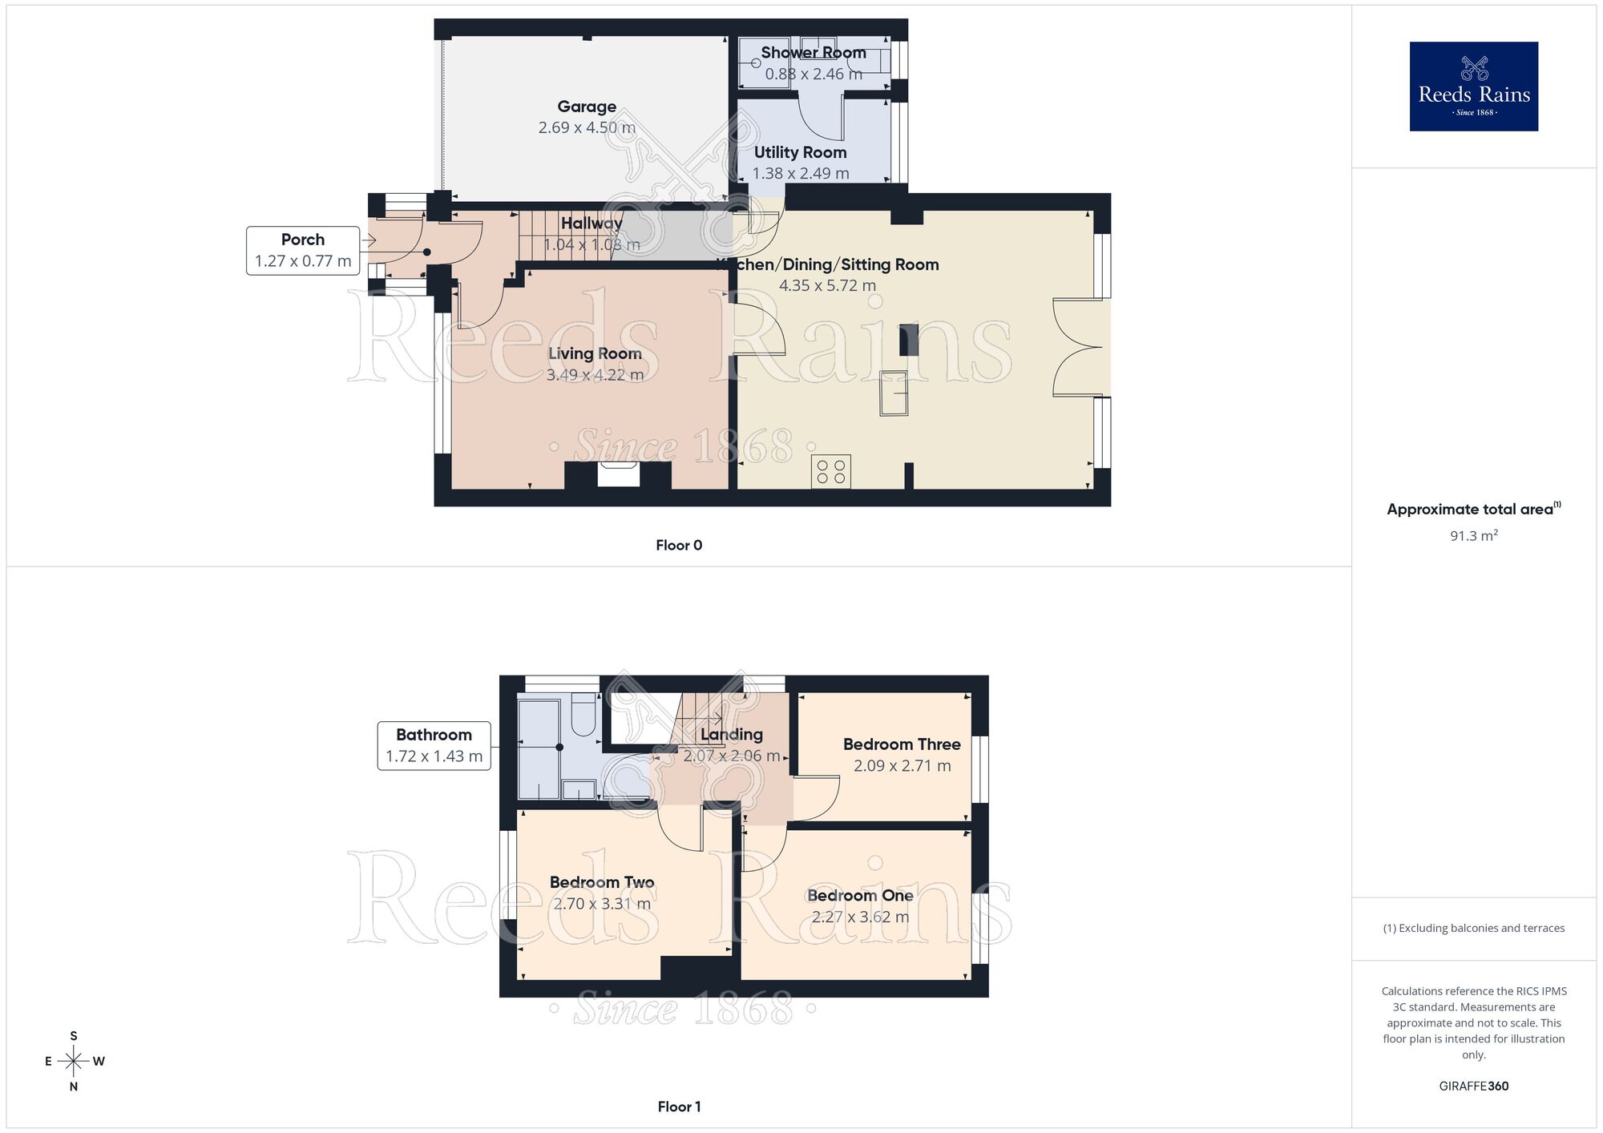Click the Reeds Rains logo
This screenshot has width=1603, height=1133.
pos(1473,87)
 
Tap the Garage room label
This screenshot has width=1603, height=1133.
pos(587,107)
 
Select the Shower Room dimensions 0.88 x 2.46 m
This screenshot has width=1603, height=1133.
pos(814,75)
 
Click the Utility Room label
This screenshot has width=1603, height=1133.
pos(800,152)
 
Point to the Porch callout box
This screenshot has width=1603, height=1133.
pos(303,250)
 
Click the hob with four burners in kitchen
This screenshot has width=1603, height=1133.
pos(830,471)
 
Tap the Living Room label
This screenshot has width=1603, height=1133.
pos(595,353)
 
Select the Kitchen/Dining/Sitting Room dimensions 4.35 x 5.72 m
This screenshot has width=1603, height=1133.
pos(827,285)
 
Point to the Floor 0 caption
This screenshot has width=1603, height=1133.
pos(679,546)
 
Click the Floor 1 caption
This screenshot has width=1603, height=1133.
pos(679,1107)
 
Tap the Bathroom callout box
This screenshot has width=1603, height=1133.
pos(434,745)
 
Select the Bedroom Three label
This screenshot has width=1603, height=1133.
pos(902,744)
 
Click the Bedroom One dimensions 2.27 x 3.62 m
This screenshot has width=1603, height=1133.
pos(860,917)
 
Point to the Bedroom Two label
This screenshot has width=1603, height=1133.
pos(602,882)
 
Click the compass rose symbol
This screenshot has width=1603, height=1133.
pos(74,1062)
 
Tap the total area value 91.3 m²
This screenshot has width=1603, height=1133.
pos(1473,535)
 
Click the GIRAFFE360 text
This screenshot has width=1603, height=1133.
pos(1473,1087)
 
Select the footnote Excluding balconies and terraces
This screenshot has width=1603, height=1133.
pos(1473,928)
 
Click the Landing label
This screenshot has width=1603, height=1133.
pos(731,734)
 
